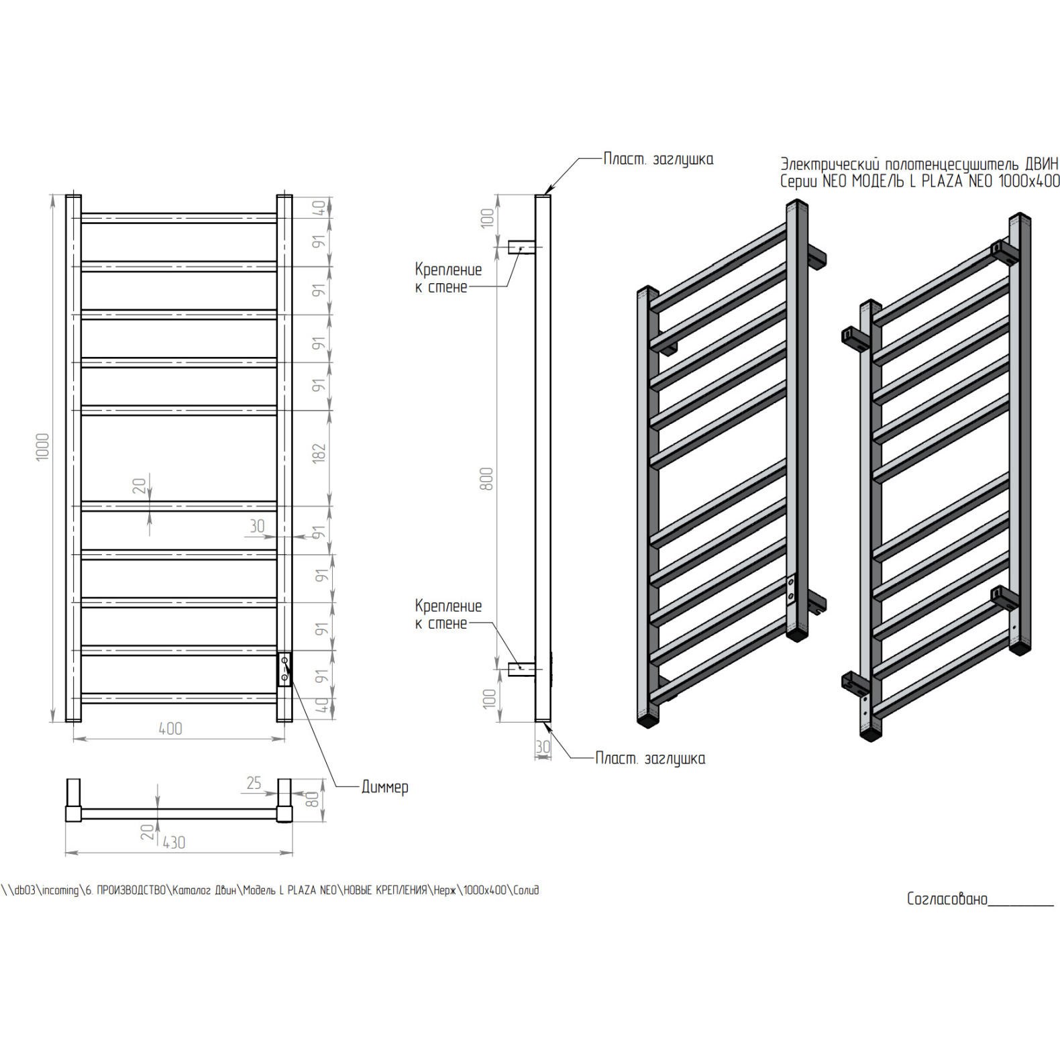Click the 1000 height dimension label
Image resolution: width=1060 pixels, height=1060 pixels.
pos(42,447)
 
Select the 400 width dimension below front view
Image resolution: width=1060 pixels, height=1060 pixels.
pos(170,729)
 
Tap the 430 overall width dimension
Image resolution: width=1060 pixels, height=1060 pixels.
pos(174,843)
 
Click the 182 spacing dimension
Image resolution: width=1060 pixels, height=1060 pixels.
pos(319,453)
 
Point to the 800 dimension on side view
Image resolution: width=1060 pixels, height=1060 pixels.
pos(486,479)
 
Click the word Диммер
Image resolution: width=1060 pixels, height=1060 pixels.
pos(384,787)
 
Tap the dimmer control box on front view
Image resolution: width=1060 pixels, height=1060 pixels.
pos(284,670)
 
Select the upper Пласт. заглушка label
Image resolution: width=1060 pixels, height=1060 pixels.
pos(658,160)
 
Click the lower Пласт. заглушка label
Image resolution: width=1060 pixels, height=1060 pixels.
pos(650,759)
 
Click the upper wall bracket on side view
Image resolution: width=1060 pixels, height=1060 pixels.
pos(521,248)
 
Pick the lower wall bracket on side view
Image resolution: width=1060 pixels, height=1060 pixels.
pos(521,669)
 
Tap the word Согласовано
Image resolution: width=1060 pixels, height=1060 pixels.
pos(947,899)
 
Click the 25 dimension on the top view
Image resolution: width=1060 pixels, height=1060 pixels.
pos(254,783)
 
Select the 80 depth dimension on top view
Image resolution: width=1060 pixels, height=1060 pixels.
pos(312,799)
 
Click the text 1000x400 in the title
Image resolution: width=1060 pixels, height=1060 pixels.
pos(1029,181)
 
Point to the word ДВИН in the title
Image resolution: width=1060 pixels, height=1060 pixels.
pos(1041,164)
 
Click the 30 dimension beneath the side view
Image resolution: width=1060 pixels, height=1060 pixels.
pos(543,747)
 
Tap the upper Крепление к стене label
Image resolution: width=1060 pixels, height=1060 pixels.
pos(448,278)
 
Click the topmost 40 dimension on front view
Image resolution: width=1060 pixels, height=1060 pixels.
pos(320,208)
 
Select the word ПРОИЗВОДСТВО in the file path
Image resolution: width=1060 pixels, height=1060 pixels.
pos(131,890)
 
